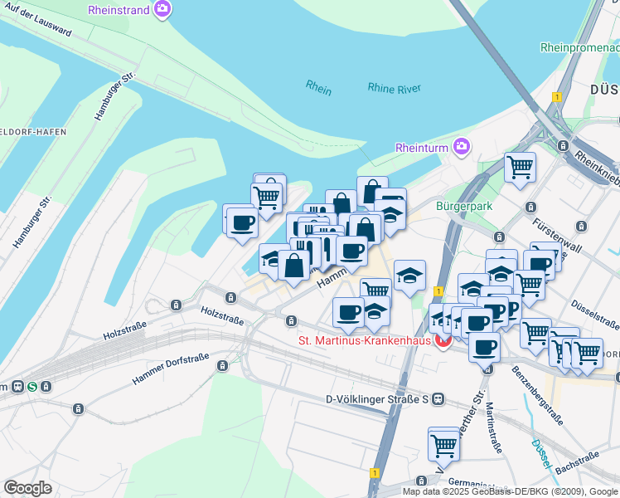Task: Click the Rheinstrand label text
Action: coord(119,10)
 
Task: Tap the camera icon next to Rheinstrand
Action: coord(163,10)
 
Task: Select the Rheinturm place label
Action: coord(422,148)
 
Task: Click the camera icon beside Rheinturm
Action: coord(462,148)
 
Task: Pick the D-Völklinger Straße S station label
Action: coord(376,399)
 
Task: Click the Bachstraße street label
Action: coord(577,463)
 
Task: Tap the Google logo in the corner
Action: coord(27,488)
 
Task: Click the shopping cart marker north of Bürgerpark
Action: coord(520,167)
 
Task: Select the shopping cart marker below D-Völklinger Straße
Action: coord(443,445)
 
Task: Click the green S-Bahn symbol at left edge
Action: coord(31,386)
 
